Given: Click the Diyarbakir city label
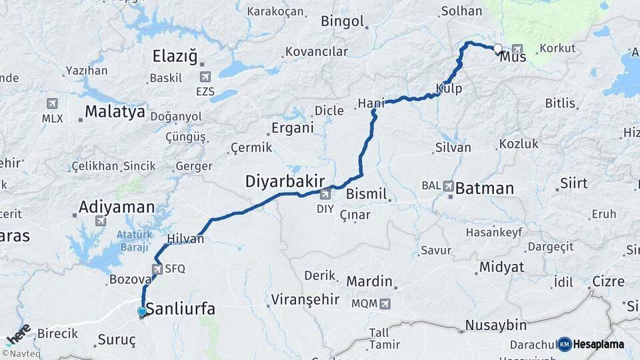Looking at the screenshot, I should (x=285, y=181).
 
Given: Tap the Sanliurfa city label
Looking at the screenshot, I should (x=181, y=309).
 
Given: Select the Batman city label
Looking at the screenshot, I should (x=484, y=189).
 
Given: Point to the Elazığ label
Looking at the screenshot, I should (x=175, y=56).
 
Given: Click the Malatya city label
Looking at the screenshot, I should (x=115, y=111).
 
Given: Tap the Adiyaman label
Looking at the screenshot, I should (x=117, y=207).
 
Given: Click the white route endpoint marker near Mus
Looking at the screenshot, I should (x=497, y=48).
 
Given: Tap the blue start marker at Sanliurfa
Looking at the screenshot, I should (x=141, y=311).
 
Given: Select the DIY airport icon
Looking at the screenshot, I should (x=325, y=195).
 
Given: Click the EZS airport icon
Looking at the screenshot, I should (x=205, y=77).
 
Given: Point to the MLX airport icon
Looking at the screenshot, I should (x=52, y=104).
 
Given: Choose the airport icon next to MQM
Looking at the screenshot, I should (x=384, y=304).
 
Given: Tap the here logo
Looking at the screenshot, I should (x=18, y=334).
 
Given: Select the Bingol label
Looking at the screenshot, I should (x=343, y=21).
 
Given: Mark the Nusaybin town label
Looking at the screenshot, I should (x=495, y=325).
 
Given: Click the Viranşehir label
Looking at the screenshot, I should (x=305, y=299).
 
